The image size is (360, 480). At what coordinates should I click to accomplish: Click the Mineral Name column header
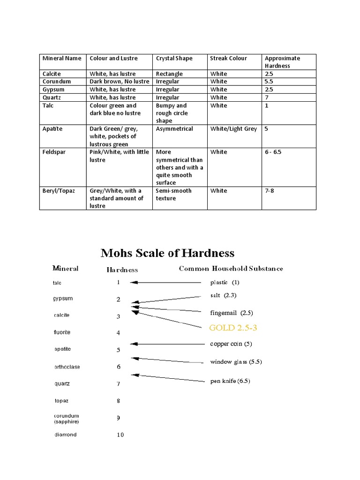[x=62, y=59]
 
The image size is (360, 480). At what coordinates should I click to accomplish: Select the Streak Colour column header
[x=228, y=59]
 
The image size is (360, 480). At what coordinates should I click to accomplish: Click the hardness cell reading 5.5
[x=269, y=82]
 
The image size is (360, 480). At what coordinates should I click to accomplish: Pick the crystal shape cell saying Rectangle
[x=169, y=74]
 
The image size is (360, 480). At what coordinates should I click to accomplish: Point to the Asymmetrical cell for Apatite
[x=174, y=129]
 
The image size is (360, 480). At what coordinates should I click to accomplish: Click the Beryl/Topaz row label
[x=59, y=191]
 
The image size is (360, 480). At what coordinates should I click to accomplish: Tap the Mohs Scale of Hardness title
[x=167, y=254]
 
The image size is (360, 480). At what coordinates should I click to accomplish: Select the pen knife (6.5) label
[x=230, y=381]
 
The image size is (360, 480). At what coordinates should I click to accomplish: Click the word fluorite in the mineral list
[x=62, y=332]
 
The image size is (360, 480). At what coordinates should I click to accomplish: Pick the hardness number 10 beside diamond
[x=120, y=435]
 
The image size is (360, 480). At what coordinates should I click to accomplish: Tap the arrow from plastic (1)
[x=166, y=283]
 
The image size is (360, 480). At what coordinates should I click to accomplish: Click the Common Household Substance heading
[x=231, y=269]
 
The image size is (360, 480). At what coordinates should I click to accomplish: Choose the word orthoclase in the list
[x=67, y=367]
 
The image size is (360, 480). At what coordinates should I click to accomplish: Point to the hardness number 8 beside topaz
[x=119, y=401]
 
